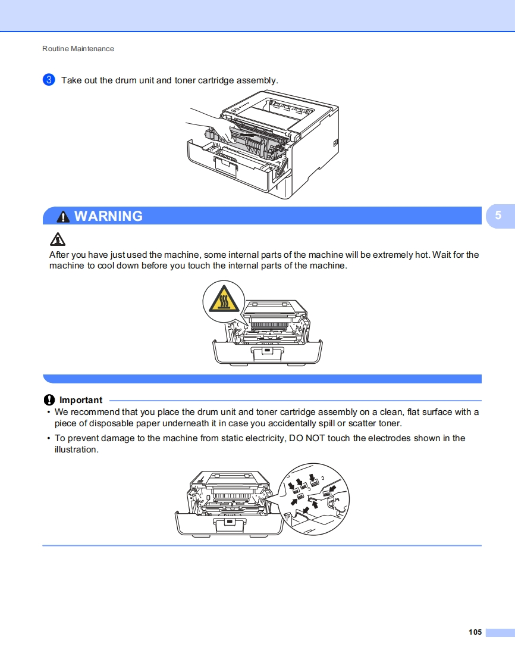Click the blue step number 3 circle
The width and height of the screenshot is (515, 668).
coord(49,80)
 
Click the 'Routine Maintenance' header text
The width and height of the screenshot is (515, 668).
coord(78,49)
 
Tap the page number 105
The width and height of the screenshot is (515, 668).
coord(475,632)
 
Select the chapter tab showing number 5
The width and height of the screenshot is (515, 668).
coord(498,216)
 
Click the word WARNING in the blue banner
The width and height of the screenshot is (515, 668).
coord(108,216)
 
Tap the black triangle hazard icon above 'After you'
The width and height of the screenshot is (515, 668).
coord(57,239)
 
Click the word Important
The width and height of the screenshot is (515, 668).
coord(81,400)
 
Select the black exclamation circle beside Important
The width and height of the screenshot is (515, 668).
coord(49,400)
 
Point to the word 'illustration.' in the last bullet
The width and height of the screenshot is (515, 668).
coord(76,450)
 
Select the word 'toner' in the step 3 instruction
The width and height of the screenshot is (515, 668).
coord(189,80)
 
